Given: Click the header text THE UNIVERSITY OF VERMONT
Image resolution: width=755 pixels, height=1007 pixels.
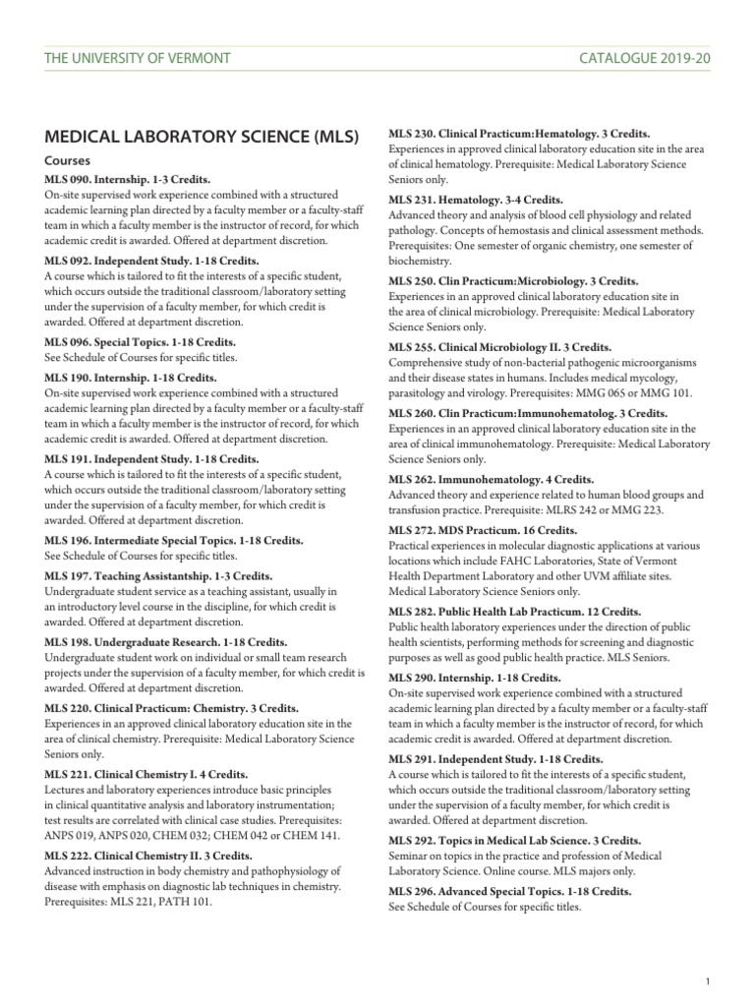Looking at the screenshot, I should click(138, 58).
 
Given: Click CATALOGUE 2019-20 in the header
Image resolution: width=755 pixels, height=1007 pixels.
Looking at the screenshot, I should click(645, 58).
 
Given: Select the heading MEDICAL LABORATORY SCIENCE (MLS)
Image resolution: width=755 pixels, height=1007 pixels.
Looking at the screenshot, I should click(203, 136).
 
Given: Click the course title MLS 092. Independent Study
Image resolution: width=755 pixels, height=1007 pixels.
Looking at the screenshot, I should click(151, 262).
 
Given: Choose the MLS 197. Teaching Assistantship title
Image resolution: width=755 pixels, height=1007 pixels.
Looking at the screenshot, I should click(158, 576).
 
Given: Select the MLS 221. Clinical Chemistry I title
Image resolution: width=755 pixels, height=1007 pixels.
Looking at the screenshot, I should click(146, 775).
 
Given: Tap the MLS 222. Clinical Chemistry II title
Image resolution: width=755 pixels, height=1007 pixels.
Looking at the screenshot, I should click(148, 856).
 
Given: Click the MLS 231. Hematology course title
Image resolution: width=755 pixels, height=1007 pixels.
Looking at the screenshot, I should click(476, 199).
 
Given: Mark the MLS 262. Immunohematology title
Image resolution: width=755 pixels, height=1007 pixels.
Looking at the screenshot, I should click(492, 480).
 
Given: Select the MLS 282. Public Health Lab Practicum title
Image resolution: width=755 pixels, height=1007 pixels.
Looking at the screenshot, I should click(515, 611).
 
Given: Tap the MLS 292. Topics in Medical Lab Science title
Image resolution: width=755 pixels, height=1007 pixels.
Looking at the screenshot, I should click(515, 840).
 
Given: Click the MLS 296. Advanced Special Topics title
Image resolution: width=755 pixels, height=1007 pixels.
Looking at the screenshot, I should click(509, 891).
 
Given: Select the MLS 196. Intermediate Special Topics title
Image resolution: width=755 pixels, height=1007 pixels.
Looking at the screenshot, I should click(174, 541).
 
